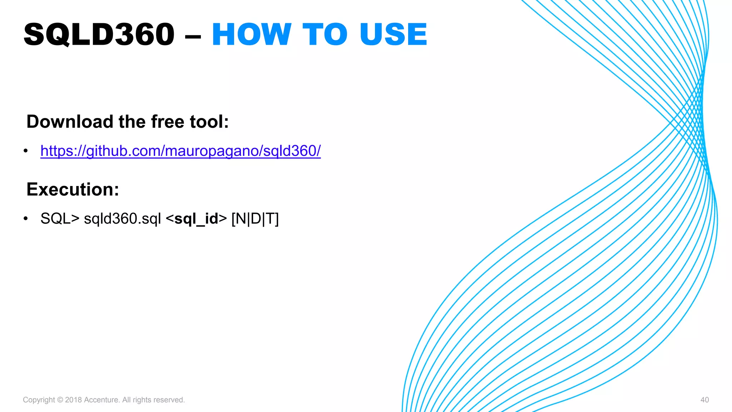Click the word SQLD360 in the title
click(99, 35)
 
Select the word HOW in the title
click(252, 35)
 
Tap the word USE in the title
click(393, 35)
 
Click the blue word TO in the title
click(325, 35)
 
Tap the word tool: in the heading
click(209, 122)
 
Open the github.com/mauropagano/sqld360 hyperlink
click(180, 151)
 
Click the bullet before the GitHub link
click(26, 151)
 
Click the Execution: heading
click(73, 189)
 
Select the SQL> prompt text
click(60, 219)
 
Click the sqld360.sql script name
click(122, 219)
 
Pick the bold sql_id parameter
click(196, 219)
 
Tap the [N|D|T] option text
click(255, 219)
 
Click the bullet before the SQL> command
click(26, 219)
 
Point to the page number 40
click(704, 400)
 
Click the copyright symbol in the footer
click(60, 400)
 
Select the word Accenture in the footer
click(101, 400)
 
